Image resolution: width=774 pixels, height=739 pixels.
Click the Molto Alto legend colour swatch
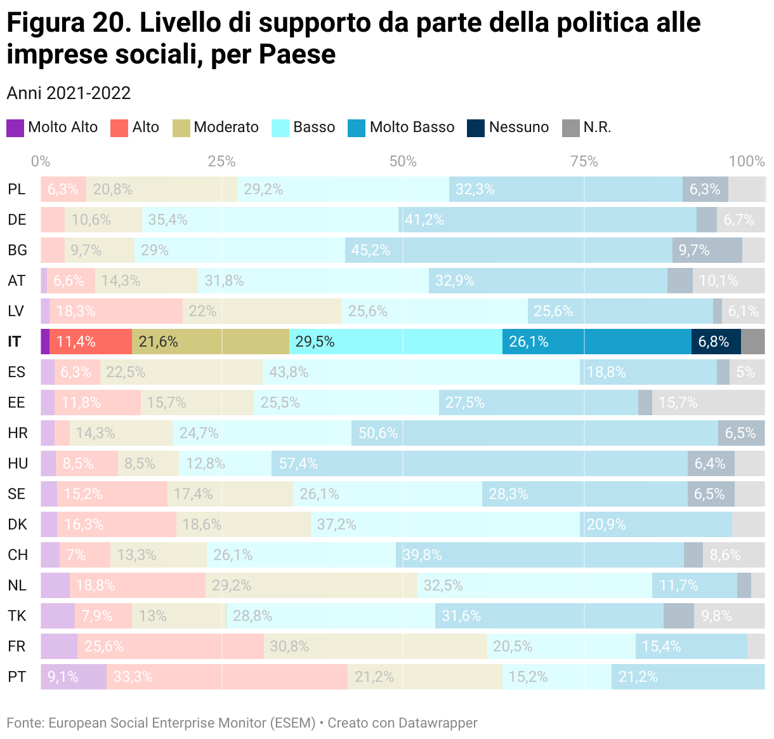point(15,128)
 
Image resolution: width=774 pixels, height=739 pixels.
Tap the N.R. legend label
point(597,128)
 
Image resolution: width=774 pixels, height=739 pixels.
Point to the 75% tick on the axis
point(584,161)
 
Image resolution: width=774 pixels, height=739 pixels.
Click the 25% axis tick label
point(221,161)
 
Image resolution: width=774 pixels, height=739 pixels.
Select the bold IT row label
point(15,342)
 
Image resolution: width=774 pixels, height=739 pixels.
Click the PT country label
point(17,677)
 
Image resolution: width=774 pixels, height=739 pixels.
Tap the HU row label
point(18,463)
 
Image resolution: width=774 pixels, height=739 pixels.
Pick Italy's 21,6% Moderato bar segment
point(210,342)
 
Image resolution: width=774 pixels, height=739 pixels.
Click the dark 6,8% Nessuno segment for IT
point(716,342)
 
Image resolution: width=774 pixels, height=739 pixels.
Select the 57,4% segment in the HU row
point(479,463)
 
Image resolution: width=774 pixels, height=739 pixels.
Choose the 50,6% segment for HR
point(534,433)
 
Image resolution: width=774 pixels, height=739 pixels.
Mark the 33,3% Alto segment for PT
point(226,677)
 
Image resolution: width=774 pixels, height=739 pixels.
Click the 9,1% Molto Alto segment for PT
point(74,677)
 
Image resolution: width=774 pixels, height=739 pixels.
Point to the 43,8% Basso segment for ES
point(421,372)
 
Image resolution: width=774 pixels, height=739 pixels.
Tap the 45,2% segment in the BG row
point(508,250)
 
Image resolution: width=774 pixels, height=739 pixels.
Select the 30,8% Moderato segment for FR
point(375,646)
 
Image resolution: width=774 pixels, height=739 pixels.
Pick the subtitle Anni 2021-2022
point(69,93)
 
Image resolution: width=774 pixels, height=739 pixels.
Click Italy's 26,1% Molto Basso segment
point(596,342)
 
